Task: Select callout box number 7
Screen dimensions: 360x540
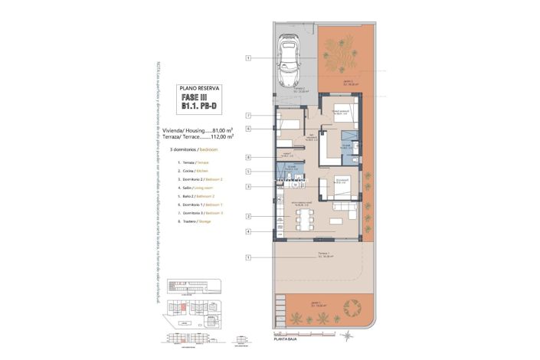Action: point(249,116)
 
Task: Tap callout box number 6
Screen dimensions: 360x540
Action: point(249,129)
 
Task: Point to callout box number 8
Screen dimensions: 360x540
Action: point(249,158)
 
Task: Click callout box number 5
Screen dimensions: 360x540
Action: point(249,172)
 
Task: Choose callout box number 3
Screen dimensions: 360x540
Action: point(249,186)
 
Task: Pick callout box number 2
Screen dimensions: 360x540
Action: point(249,217)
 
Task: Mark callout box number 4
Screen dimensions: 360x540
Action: point(249,231)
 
